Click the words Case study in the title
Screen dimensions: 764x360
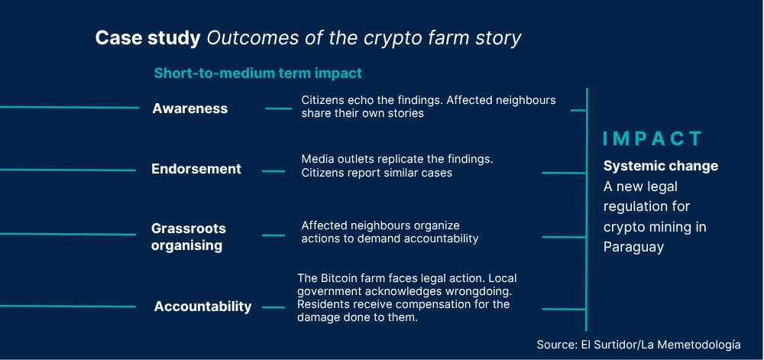[x=147, y=38]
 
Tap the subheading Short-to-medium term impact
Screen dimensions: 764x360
[x=257, y=73]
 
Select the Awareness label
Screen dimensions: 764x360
[x=190, y=108]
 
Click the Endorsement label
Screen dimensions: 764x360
[x=196, y=169]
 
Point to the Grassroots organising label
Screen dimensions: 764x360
[x=189, y=237]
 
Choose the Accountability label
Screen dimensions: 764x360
[x=202, y=306]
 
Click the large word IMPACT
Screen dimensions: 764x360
[x=652, y=139]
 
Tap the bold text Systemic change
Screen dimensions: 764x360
[x=661, y=166]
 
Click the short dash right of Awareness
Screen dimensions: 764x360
[x=279, y=108]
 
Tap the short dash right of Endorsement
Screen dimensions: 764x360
[x=274, y=171]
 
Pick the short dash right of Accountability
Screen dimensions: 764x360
[x=274, y=307]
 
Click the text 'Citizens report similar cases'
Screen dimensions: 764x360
[x=377, y=173]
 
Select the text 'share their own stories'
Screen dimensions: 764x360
[x=362, y=113]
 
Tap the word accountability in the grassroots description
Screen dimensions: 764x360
[x=441, y=238]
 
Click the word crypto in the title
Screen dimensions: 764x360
[x=395, y=39]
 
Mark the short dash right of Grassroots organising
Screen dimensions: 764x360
[x=274, y=235]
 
